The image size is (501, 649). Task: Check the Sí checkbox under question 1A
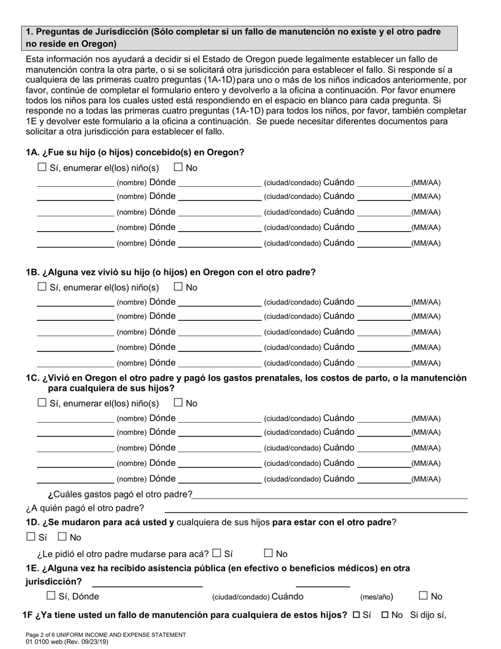pyautogui.click(x=42, y=167)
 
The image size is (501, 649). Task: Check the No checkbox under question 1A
pyautogui.click(x=178, y=167)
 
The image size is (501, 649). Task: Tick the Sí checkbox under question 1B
pyautogui.click(x=42, y=287)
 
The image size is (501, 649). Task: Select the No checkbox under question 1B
pyautogui.click(x=178, y=287)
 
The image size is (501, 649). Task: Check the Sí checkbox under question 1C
pyautogui.click(x=42, y=403)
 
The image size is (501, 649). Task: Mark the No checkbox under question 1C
pyautogui.click(x=178, y=403)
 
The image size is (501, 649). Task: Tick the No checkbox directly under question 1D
pyautogui.click(x=62, y=537)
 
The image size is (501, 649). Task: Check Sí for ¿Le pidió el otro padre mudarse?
pyautogui.click(x=217, y=553)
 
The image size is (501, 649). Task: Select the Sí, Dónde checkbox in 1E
pyautogui.click(x=51, y=596)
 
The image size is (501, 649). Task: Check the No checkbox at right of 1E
pyautogui.click(x=423, y=596)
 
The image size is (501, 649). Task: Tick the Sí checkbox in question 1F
pyautogui.click(x=356, y=615)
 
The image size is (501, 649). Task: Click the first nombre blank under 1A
pyautogui.click(x=75, y=183)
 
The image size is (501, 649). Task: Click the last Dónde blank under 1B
pyautogui.click(x=219, y=363)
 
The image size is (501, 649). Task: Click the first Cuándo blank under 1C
pyautogui.click(x=383, y=418)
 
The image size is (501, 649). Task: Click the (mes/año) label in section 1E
pyautogui.click(x=377, y=597)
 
